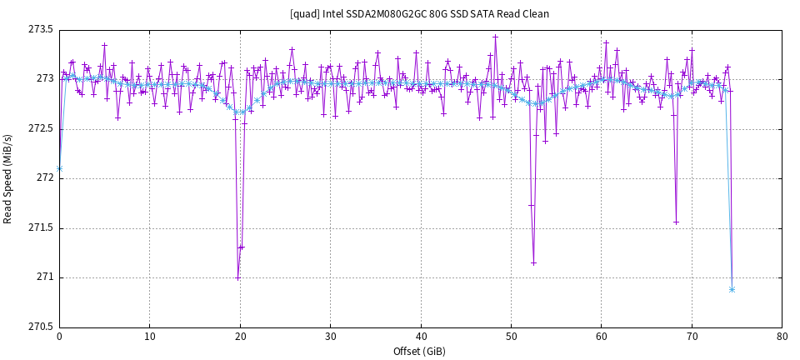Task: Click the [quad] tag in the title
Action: click(x=302, y=14)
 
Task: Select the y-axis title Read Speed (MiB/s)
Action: click(x=8, y=178)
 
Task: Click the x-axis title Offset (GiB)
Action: click(x=420, y=352)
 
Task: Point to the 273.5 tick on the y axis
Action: click(x=41, y=30)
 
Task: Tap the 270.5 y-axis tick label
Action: click(x=41, y=327)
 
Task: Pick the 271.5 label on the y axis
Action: click(x=41, y=227)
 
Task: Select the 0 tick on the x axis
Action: click(x=59, y=337)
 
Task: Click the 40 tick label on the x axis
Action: click(x=421, y=337)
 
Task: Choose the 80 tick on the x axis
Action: click(x=782, y=337)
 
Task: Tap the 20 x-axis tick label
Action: click(x=240, y=337)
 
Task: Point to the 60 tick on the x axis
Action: click(x=601, y=337)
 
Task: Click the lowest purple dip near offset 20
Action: click(x=237, y=277)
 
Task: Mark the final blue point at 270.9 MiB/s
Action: click(x=732, y=289)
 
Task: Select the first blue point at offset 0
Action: click(x=59, y=168)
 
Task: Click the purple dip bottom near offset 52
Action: click(x=533, y=262)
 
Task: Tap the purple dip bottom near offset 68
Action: click(x=676, y=222)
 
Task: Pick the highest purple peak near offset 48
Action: click(x=495, y=37)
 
